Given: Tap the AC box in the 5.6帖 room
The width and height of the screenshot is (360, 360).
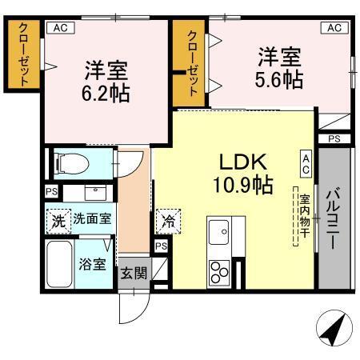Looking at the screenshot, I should [x=334, y=27].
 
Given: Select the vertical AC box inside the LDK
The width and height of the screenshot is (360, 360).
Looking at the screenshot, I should [x=306, y=165].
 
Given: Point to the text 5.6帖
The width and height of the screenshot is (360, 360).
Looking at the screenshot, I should [x=279, y=80].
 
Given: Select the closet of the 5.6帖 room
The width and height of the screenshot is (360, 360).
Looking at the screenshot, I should [x=192, y=62].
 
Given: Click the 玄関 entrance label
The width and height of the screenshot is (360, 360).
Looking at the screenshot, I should [x=134, y=273].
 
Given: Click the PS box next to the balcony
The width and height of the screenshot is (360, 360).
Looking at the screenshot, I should [x=334, y=139].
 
